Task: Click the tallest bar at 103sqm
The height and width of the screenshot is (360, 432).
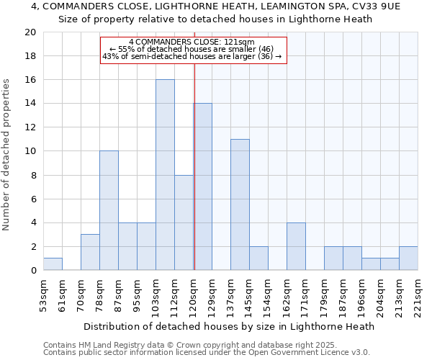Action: [x=165, y=175]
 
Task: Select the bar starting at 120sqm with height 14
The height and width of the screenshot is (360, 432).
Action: [x=203, y=187]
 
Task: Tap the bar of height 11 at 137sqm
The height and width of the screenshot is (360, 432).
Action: [x=240, y=204]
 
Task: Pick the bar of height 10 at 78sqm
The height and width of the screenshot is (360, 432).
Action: [x=109, y=210]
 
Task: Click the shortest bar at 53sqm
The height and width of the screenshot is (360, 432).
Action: [x=53, y=264]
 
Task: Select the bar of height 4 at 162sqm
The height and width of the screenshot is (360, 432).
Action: [x=296, y=246]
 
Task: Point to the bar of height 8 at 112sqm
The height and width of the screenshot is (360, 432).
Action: [x=184, y=222]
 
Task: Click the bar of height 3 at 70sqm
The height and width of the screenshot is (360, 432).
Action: [x=90, y=252]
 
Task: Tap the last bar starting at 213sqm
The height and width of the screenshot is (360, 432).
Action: [x=408, y=258]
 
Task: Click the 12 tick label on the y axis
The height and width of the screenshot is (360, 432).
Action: [x=30, y=127]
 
